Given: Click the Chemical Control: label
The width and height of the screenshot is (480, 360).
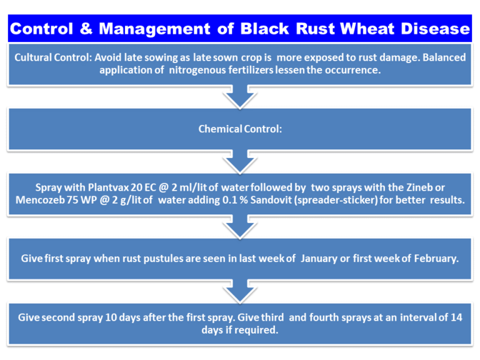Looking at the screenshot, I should [x=240, y=129].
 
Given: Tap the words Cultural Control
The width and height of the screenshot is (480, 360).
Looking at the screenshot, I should [x=52, y=57].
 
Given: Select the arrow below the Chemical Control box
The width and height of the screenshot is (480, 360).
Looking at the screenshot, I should [x=240, y=161].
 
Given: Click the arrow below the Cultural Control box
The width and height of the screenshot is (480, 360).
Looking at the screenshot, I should [x=240, y=97].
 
